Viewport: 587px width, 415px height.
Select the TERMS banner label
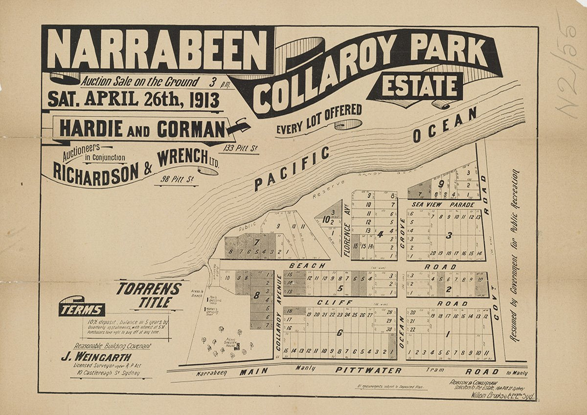click(x=82, y=309)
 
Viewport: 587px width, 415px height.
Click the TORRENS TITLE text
click(x=149, y=295)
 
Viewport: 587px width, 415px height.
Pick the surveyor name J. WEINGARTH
click(x=95, y=357)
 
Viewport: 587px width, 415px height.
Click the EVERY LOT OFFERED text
click(x=319, y=119)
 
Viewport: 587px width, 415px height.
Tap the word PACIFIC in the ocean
click(x=292, y=169)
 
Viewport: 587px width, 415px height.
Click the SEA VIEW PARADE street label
click(x=443, y=204)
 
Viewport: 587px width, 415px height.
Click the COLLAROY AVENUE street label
click(x=279, y=311)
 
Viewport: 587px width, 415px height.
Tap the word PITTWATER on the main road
click(x=368, y=371)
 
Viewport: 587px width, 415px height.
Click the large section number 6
click(x=339, y=333)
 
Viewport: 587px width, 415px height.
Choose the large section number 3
click(x=449, y=235)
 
